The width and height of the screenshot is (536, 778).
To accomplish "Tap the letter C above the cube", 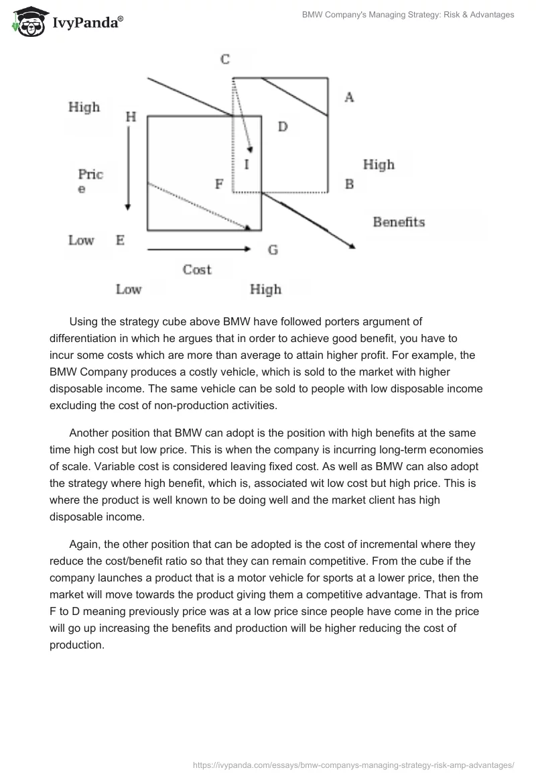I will pos(225,60).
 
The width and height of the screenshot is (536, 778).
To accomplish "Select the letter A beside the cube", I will pos(348,98).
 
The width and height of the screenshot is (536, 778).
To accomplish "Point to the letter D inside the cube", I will pos(283,126).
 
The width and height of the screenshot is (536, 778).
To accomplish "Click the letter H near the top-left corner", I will pos(131,117).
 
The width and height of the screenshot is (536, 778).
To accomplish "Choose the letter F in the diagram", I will pos(218,184).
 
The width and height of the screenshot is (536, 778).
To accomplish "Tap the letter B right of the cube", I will pos(349,184).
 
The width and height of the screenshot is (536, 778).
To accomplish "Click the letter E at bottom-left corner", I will pos(121,240).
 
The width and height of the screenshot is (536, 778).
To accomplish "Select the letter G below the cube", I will pos(273,250).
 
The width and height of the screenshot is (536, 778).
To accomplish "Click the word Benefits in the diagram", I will pos(399,222).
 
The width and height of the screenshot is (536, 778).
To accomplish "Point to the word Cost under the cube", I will pos(197,270).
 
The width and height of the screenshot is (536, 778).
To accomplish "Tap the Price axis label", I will pos(90,180).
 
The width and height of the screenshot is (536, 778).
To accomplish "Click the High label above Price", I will pos(84,107).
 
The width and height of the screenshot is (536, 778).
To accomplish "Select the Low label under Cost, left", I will pos(129,290).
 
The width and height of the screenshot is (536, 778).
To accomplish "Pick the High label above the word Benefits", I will pos(379,164).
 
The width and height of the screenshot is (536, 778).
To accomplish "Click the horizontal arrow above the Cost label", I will pos(198,249).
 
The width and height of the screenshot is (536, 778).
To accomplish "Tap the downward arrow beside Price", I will pos(128,168).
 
